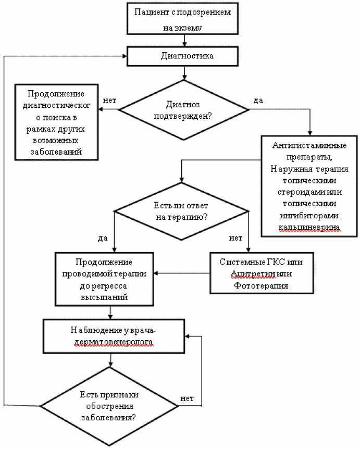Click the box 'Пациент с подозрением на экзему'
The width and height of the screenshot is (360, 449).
click(181, 19)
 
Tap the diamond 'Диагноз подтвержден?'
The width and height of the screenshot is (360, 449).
click(184, 109)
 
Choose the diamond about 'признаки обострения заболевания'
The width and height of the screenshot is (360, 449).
click(109, 406)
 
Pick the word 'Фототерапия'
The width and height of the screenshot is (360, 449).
click(261, 286)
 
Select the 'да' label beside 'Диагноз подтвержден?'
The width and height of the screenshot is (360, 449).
click(257, 99)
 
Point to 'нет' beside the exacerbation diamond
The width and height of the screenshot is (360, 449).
click(187, 398)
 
